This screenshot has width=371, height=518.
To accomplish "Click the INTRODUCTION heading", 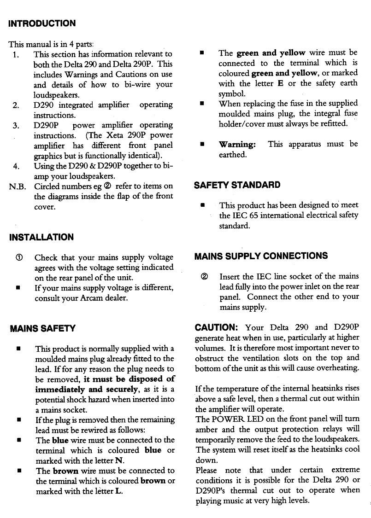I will pos(42,23).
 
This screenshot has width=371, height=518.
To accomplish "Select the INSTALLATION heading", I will pos(41,237).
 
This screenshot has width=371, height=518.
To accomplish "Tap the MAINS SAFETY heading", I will pos(42,329).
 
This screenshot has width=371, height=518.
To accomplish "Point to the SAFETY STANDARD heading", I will pos(237,185).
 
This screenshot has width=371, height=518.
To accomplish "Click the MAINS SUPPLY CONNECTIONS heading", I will pos(261,256).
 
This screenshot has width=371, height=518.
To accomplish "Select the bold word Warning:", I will pos(237,144).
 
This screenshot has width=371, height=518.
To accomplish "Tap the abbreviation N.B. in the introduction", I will pos(18,186).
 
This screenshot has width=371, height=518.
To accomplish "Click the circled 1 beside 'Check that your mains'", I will pos(18,257).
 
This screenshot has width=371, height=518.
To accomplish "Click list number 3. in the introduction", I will pos(16,125).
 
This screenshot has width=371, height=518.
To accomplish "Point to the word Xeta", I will pos(116,135).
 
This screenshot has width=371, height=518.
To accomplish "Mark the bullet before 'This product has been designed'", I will pos(202,205).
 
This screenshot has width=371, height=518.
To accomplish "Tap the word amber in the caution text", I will pos(206,429).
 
